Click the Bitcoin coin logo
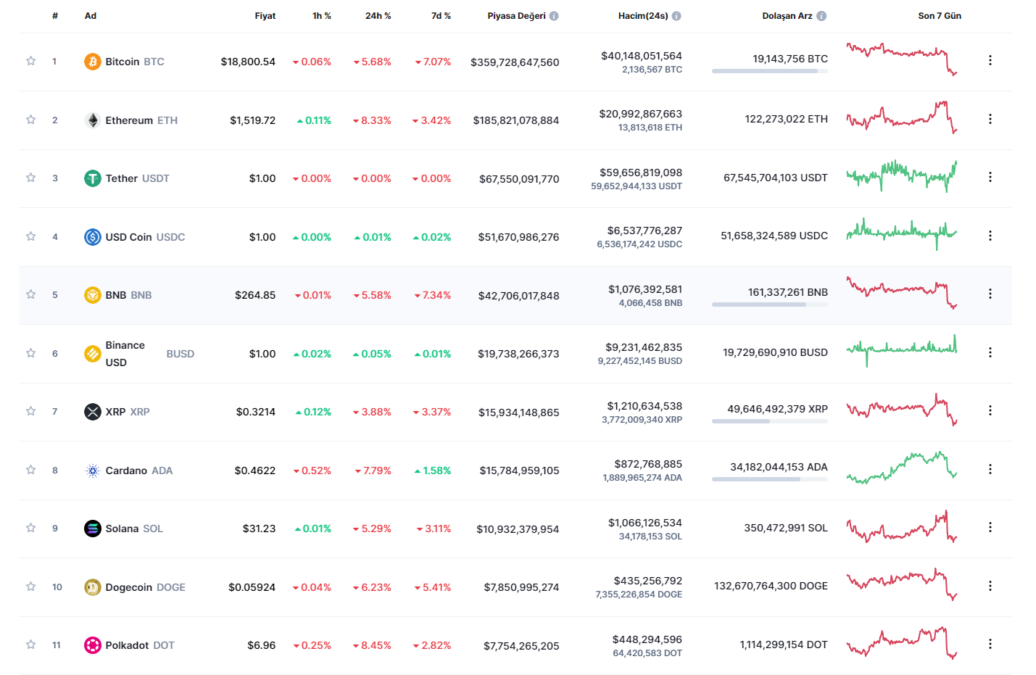[92, 62]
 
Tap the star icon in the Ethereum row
[30, 120]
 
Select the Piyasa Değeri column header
[516, 16]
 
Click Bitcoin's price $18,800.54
[248, 62]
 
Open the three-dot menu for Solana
[990, 528]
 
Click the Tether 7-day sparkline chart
[901, 176]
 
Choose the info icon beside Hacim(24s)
[676, 16]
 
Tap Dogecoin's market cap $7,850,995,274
[521, 587]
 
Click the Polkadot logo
[92, 645]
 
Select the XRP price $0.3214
[255, 412]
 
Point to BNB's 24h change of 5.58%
[373, 295]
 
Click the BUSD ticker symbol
[180, 354]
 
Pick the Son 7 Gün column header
[939, 16]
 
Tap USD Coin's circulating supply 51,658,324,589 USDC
[774, 236]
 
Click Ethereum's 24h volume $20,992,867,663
[640, 114]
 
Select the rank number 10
[57, 587]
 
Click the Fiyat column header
[265, 16]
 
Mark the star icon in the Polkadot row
[30, 645]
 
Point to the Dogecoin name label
[128, 587]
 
